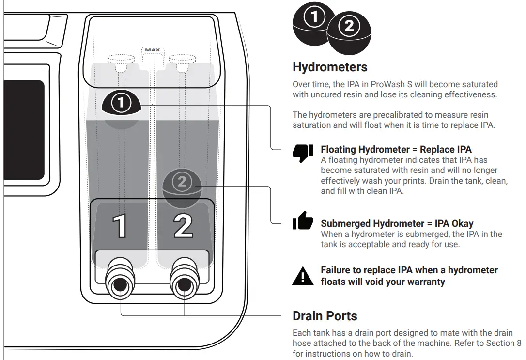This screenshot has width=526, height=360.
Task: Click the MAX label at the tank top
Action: click(153, 50)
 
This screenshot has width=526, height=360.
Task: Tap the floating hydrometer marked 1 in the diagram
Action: click(121, 102)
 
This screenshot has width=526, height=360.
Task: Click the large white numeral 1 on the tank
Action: click(121, 226)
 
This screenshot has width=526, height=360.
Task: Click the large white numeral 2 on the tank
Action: click(183, 226)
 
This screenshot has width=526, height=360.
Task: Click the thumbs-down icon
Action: click(303, 153)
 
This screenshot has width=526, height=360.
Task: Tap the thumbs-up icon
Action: click(303, 221)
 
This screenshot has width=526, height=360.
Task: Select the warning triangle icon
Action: click(303, 276)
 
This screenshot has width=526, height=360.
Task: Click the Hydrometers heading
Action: click(330, 67)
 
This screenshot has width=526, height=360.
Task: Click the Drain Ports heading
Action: click(325, 316)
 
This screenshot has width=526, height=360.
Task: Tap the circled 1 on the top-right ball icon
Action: click(314, 18)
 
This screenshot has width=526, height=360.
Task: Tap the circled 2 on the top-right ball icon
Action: click(349, 27)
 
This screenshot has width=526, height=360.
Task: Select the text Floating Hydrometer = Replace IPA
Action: click(396, 149)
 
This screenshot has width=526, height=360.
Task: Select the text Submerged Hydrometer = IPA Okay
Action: click(397, 224)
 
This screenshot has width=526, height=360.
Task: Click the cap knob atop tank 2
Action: click(182, 59)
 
